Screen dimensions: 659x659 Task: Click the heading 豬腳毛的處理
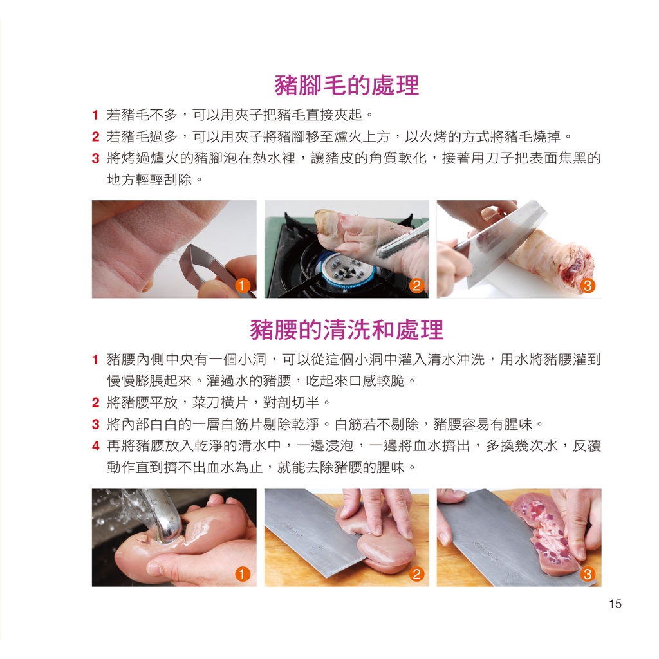point(346,86)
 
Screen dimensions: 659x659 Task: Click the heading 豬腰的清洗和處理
point(347,329)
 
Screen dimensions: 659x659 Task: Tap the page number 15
point(615,604)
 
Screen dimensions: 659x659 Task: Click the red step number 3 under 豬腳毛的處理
point(95,158)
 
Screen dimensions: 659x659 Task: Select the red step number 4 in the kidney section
point(96,446)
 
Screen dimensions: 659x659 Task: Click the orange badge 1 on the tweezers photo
point(242,285)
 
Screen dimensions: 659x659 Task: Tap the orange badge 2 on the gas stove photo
point(416,285)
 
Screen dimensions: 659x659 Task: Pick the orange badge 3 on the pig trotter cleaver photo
point(588,286)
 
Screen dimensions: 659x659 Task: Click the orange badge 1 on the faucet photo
point(243,573)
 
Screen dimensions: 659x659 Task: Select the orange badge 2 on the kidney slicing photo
point(416,573)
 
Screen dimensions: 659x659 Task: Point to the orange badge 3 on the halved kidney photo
point(588,573)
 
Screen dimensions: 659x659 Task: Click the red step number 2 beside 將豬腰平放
point(95,403)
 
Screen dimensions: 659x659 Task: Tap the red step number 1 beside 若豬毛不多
point(95,115)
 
